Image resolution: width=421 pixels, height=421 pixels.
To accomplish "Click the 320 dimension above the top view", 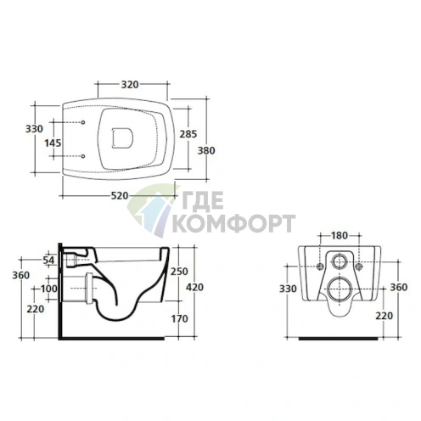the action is [x=130, y=84].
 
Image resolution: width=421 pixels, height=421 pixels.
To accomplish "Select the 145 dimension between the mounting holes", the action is [x=53, y=143].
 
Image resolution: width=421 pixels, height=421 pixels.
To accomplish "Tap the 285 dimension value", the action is [x=188, y=134].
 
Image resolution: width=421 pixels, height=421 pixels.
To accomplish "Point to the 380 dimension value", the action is [x=206, y=150].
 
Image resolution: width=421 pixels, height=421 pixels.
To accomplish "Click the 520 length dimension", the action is [x=120, y=195].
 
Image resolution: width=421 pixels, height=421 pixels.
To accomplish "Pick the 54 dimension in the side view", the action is [x=48, y=260].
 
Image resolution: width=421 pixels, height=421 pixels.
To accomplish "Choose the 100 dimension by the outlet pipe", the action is [x=49, y=289].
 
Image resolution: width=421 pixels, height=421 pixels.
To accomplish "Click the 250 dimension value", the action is [x=179, y=272].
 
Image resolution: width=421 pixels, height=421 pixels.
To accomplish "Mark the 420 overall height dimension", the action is [x=194, y=287].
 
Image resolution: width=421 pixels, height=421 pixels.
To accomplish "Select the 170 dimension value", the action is [x=179, y=319].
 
